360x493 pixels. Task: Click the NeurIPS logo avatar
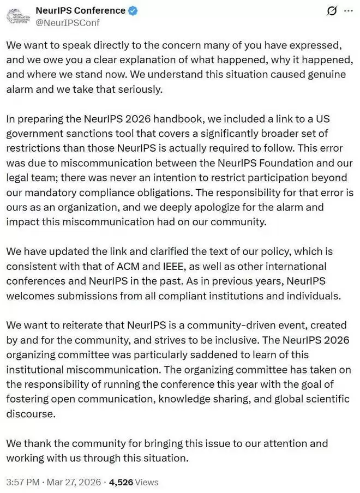pos(19,16)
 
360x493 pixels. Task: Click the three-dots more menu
pos(347,10)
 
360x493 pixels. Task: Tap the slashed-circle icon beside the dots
pos(330,11)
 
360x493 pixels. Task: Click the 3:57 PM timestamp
pos(23,482)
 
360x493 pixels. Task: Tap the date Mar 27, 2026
pos(75,482)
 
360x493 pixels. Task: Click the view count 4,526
pos(121,482)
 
